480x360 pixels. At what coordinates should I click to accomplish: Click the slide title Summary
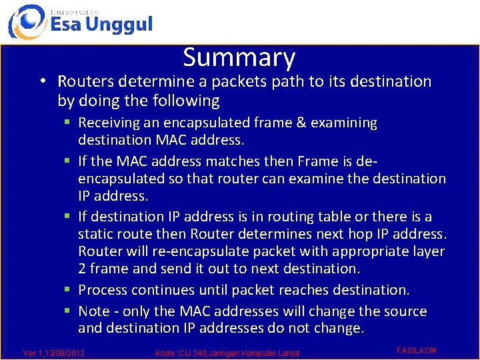pyautogui.click(x=239, y=58)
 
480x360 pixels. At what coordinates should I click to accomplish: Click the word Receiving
pyautogui.click(x=109, y=123)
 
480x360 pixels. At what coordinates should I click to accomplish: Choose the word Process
pyautogui.click(x=103, y=290)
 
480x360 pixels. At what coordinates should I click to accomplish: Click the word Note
pyautogui.click(x=93, y=311)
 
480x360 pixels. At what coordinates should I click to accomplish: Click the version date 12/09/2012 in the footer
pyautogui.click(x=62, y=353)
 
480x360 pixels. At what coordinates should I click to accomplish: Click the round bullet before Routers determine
pyautogui.click(x=42, y=82)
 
